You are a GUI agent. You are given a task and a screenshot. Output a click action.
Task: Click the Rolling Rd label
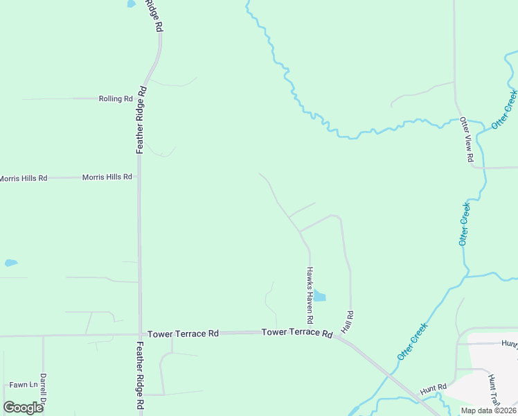(116, 99)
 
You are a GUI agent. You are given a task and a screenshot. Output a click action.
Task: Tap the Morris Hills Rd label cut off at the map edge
(23, 178)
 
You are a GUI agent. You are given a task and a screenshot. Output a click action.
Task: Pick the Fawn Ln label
(23, 385)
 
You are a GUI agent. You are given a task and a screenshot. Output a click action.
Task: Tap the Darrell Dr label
(43, 391)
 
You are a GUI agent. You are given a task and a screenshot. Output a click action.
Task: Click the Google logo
(23, 408)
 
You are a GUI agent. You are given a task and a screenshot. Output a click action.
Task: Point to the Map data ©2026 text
(488, 410)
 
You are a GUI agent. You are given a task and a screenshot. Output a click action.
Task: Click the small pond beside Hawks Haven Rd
(320, 297)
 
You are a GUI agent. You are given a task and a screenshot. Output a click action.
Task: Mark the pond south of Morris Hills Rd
(10, 263)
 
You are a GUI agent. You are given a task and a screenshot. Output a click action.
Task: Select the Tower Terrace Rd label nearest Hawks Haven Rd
(297, 333)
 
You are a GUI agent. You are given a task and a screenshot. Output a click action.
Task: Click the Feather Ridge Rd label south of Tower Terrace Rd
(139, 375)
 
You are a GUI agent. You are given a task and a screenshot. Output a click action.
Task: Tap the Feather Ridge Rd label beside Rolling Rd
(141, 119)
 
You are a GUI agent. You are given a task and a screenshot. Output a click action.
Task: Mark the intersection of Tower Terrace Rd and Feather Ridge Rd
(140, 334)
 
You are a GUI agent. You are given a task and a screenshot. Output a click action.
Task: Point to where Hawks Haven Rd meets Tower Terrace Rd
(310, 331)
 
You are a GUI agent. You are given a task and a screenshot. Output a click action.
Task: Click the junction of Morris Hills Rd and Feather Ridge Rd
(139, 177)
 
